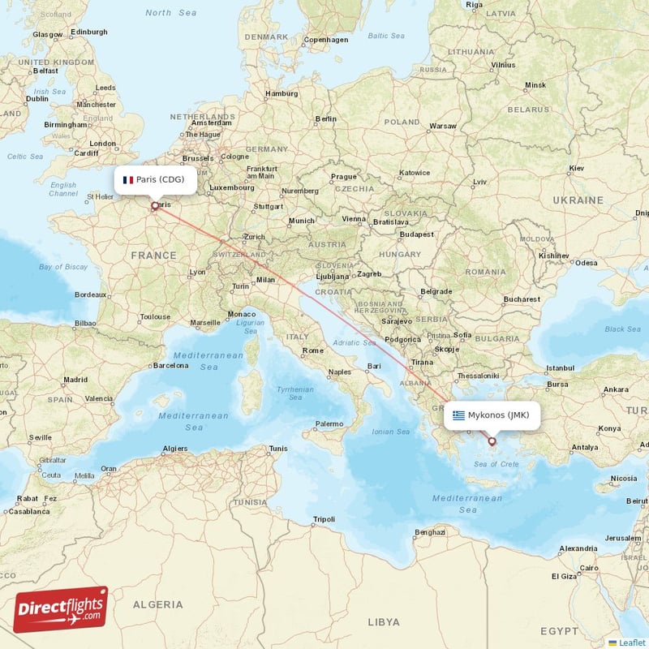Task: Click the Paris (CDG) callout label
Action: coord(154,179)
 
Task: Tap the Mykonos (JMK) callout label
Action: coord(492,415)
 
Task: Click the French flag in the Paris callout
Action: coord(127,180)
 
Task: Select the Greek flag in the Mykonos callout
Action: coord(459,415)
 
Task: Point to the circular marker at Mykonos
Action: coord(492,441)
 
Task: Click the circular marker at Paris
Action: coord(154,206)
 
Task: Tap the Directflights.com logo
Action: coord(61,609)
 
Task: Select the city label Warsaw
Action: coord(443,126)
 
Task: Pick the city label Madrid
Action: coord(75,379)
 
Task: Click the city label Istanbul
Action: coord(560,367)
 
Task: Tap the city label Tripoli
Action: coord(324,518)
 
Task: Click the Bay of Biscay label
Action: coord(62,267)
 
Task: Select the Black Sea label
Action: coord(622,329)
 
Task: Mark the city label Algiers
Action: coord(175,448)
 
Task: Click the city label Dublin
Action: coord(37,98)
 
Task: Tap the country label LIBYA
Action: coord(383,621)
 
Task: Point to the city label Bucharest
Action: coord(521,299)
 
